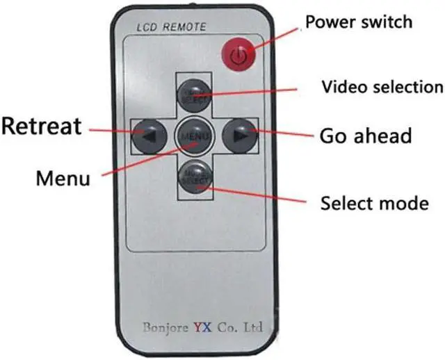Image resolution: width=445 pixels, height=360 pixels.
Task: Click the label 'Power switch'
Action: [359, 22]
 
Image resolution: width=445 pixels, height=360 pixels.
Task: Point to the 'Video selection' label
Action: [382, 87]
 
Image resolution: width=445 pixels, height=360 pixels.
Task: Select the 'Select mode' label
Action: [373, 204]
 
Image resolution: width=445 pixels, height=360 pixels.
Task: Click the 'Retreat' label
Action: [41, 126]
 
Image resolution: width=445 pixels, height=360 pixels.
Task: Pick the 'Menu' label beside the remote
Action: [63, 178]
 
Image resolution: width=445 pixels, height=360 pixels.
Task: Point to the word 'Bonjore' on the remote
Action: [167, 325]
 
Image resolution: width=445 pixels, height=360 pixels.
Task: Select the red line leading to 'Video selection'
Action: [250, 90]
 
